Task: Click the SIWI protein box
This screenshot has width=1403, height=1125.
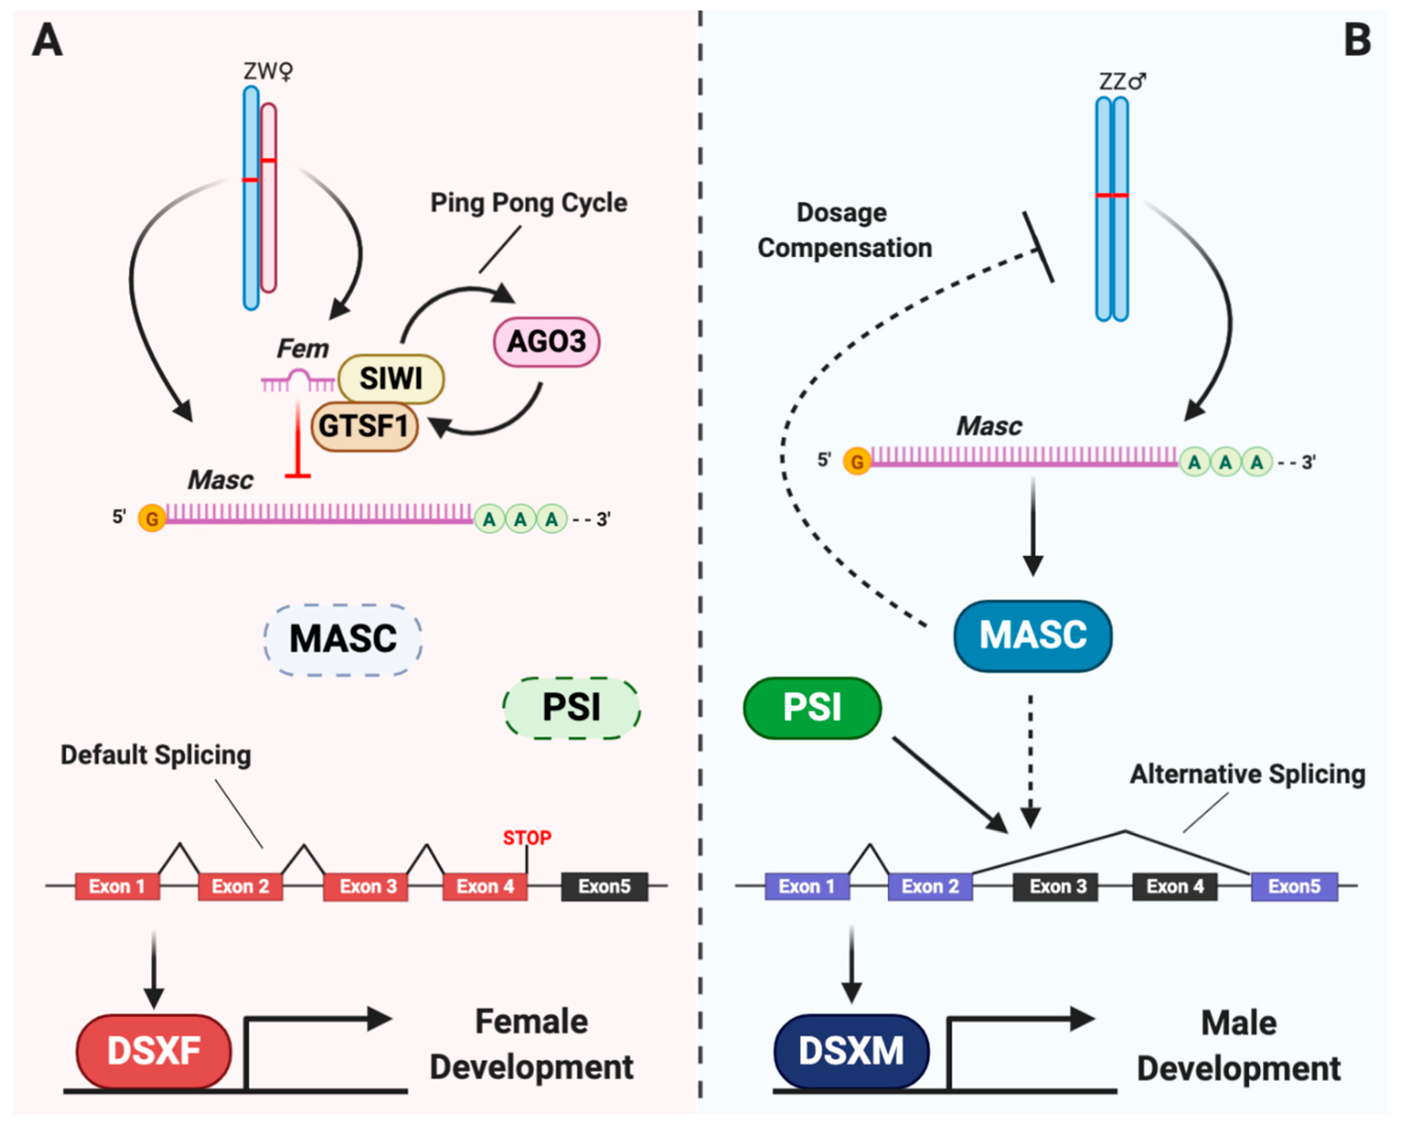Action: (391, 378)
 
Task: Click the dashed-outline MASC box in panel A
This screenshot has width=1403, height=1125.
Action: (343, 639)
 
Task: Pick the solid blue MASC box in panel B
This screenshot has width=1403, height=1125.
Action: (1033, 635)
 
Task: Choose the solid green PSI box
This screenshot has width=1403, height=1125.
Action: (812, 708)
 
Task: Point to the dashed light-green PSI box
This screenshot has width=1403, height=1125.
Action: (571, 708)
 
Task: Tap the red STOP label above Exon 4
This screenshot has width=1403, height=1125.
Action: (527, 838)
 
